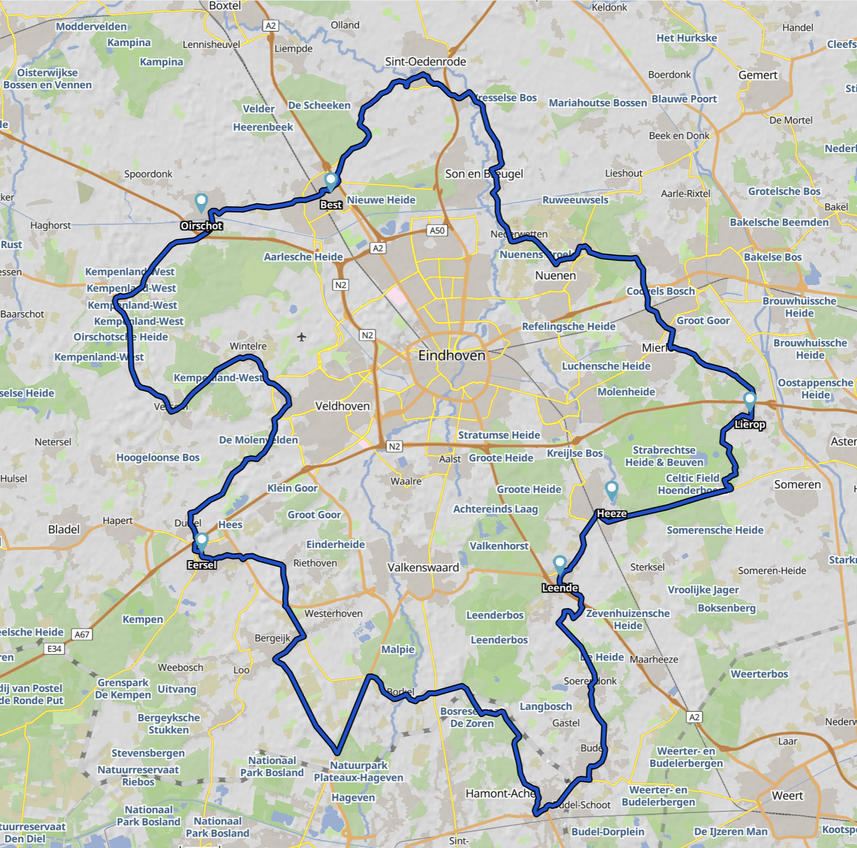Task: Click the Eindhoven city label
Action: [451, 356]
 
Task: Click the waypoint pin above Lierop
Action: [749, 401]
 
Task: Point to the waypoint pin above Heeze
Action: [611, 490]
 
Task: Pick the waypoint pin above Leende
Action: [560, 563]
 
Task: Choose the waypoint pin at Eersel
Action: [201, 541]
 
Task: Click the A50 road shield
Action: [437, 230]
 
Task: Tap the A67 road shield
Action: [82, 634]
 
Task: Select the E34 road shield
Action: [54, 649]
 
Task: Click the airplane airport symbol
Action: [301, 337]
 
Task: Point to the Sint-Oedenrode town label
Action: [425, 62]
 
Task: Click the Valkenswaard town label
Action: [423, 567]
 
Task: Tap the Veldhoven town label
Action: [342, 406]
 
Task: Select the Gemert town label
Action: [758, 76]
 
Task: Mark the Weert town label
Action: [787, 796]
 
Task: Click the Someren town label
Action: [797, 485]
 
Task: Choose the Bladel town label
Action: [64, 530]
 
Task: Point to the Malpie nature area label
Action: [398, 649]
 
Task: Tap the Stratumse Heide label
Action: [499, 435]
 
